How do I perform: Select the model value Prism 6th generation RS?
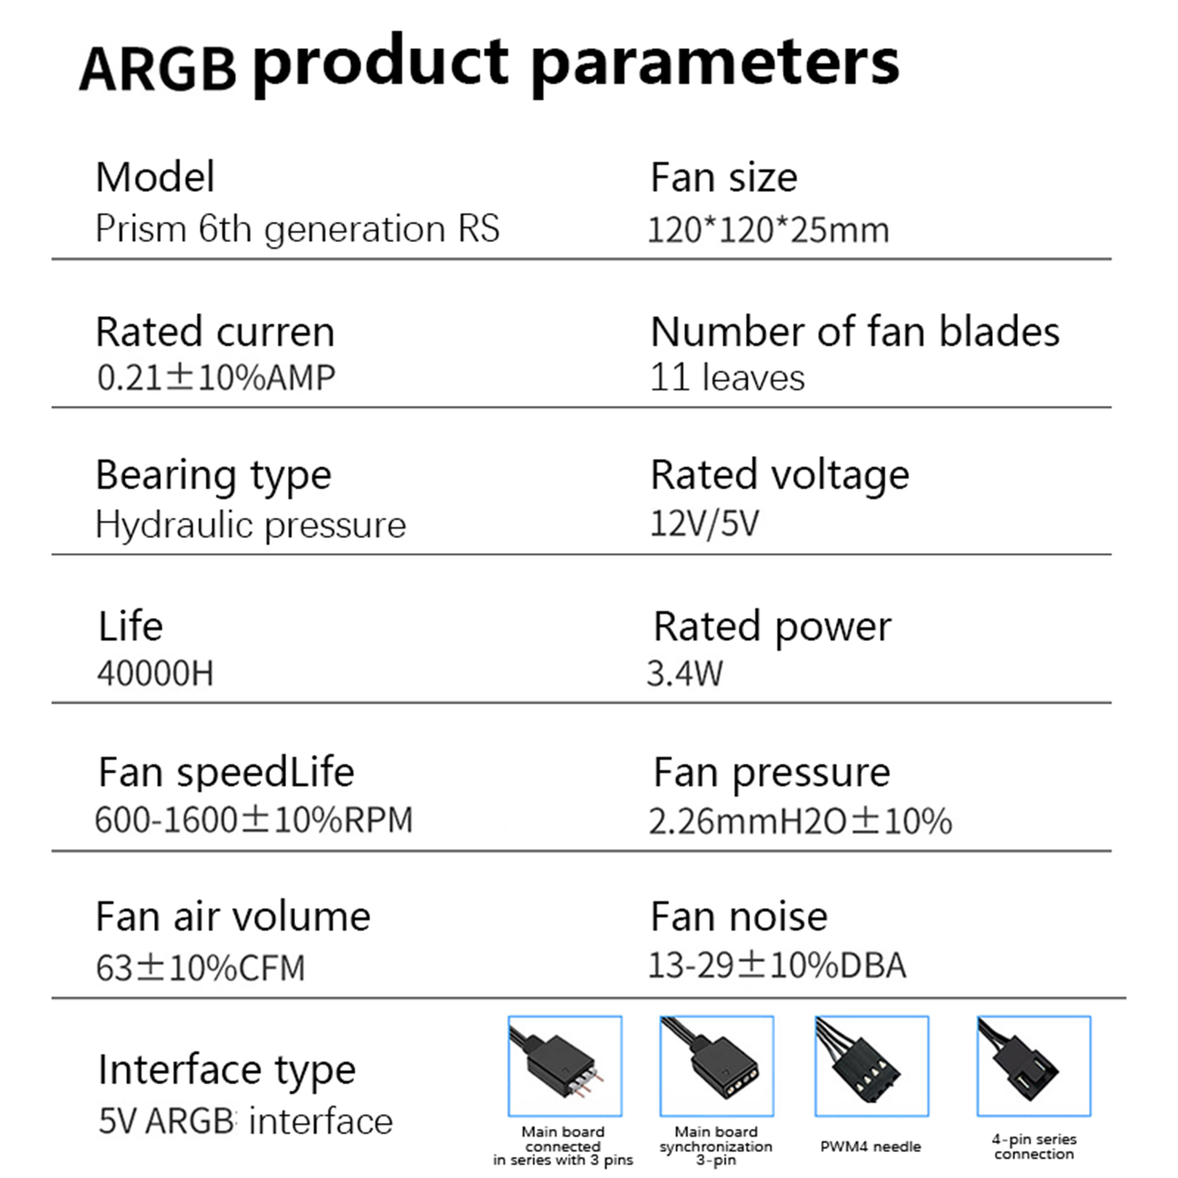click(297, 229)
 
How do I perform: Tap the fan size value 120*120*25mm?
click(768, 230)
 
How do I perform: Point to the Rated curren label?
click(215, 331)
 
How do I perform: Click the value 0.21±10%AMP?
click(216, 377)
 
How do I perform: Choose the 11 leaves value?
click(727, 377)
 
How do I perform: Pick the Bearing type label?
click(214, 476)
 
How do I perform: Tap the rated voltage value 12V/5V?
click(704, 523)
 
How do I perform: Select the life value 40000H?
click(155, 673)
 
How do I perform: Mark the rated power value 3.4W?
click(685, 673)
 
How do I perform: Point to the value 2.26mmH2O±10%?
click(800, 821)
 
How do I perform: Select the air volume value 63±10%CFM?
click(200, 967)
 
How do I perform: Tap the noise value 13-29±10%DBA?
click(777, 965)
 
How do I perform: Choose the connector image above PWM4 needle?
click(872, 1066)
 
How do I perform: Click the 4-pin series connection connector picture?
click(1034, 1066)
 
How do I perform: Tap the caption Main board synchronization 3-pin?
click(716, 1146)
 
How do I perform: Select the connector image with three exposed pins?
click(565, 1066)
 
